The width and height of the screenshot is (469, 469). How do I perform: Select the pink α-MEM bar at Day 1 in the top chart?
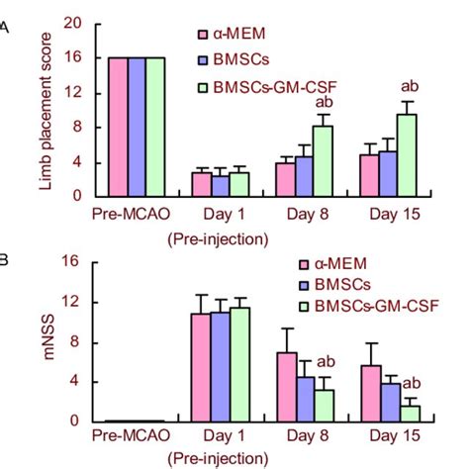[201, 184]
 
